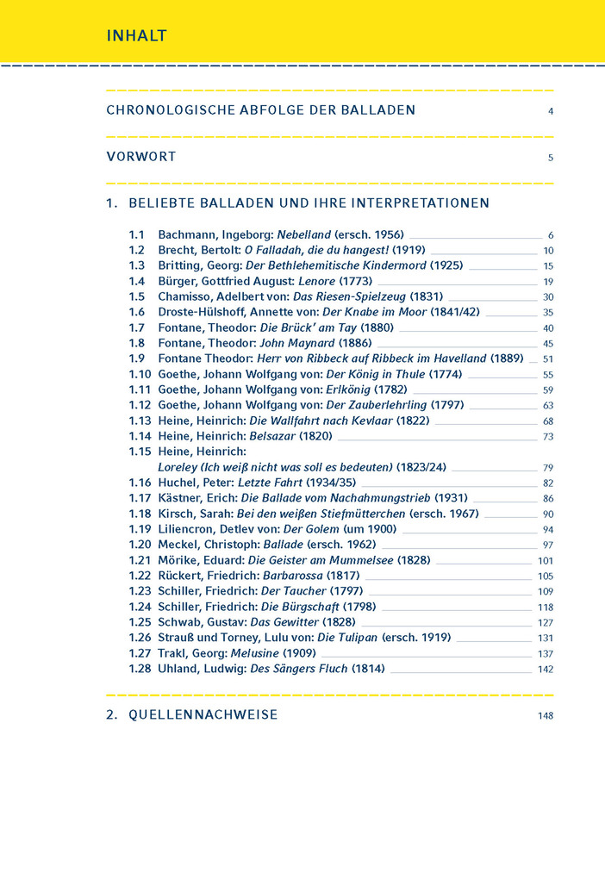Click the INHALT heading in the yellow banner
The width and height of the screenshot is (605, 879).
[x=136, y=36]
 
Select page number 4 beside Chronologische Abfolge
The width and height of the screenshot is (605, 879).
[x=550, y=111]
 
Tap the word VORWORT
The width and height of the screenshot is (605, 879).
[x=141, y=157]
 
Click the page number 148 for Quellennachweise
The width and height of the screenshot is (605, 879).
[x=545, y=715]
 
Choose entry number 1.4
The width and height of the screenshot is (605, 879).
[x=137, y=281]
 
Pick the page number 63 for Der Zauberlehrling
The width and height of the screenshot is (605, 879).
[x=548, y=406]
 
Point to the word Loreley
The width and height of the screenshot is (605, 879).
[x=179, y=467]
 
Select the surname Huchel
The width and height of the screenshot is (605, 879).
[x=178, y=483]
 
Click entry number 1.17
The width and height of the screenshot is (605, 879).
[x=140, y=498]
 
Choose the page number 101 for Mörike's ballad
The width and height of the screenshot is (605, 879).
[x=546, y=561]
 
